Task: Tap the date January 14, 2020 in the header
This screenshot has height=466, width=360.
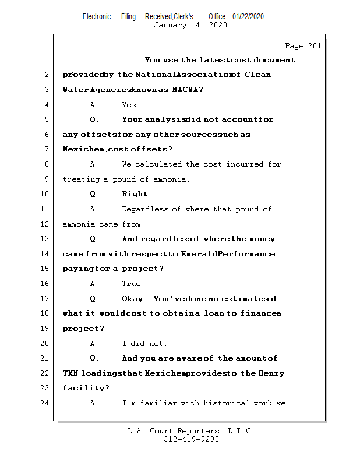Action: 190,25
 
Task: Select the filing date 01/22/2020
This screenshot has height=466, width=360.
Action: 248,16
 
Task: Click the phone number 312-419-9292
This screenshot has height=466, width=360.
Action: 191,440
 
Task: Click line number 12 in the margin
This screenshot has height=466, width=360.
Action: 46,224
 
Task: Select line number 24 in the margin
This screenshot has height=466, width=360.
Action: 46,403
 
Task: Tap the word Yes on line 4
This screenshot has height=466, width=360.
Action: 129,105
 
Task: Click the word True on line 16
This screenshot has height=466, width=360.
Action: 132,284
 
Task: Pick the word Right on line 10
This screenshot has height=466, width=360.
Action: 136,194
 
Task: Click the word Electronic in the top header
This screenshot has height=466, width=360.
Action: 97,16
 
